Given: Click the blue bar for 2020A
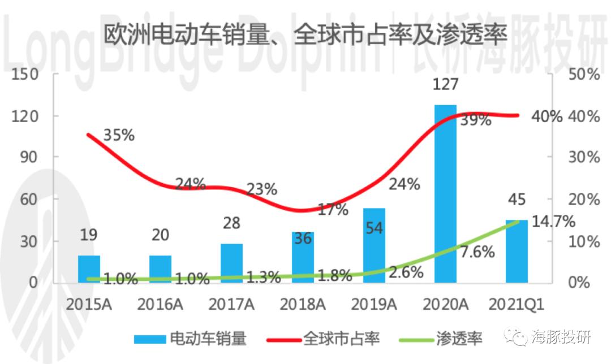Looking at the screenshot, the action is [445, 193].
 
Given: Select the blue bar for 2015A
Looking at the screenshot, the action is [89, 269].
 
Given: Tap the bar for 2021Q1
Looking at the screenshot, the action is [517, 251].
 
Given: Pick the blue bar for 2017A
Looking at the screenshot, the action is [231, 263].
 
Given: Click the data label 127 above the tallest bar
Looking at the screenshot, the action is [445, 84].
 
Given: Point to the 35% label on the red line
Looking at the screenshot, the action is [119, 135].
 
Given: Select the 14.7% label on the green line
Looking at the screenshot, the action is [553, 222].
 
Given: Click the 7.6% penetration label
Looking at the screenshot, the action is [477, 252].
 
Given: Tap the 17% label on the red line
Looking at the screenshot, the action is [333, 210].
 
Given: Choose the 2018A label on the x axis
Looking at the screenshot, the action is [303, 305].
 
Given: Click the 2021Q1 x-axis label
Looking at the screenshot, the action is [517, 305].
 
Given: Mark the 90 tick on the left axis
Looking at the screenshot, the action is [29, 157].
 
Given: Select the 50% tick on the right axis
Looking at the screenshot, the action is [584, 74].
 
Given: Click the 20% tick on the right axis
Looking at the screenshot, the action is [584, 200].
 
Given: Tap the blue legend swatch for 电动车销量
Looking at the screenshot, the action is [150, 339].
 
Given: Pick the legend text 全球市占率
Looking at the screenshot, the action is [341, 339].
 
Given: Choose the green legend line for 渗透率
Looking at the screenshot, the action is [416, 340].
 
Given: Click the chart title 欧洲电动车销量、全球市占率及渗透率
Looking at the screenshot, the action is [305, 34].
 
